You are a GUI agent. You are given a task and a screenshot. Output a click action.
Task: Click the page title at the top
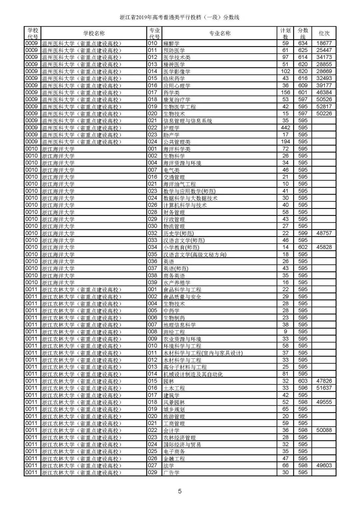(180, 17)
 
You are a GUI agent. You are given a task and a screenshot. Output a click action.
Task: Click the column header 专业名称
(220, 33)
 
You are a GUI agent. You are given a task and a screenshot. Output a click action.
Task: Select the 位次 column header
(324, 33)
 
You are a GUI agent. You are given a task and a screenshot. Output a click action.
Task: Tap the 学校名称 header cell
(94, 33)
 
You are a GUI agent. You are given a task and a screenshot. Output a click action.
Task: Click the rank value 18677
(324, 43)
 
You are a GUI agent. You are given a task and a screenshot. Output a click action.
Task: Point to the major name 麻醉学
(171, 43)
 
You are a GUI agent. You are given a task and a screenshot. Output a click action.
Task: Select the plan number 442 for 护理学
(285, 128)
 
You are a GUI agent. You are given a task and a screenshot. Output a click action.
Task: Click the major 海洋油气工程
(179, 184)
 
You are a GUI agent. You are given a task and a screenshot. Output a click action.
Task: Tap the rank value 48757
(324, 233)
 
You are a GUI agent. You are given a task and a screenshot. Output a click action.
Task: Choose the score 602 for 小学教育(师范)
(303, 247)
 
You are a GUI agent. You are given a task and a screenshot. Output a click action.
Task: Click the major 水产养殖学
(177, 283)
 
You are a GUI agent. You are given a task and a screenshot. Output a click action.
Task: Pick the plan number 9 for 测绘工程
(285, 332)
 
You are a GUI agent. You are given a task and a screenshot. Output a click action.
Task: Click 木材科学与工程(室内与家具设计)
(203, 353)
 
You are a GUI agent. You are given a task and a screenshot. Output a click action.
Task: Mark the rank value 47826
(324, 381)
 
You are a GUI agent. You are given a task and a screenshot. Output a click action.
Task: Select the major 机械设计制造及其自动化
(193, 374)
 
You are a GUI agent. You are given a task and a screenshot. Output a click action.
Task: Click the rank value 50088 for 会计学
(324, 430)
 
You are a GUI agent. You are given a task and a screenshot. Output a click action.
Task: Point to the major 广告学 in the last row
(171, 473)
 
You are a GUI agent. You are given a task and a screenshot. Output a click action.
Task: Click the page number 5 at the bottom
(180, 491)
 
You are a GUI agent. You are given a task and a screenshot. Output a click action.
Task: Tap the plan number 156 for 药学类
(285, 93)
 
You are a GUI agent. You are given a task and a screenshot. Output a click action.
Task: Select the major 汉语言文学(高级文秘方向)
(195, 255)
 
